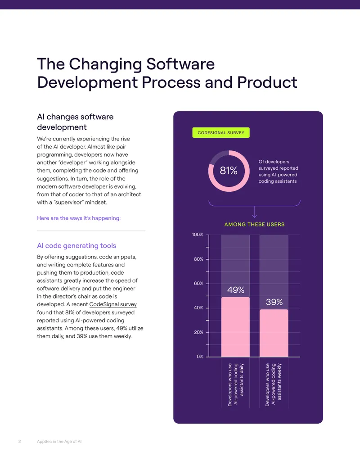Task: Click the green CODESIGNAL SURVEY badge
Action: pos(220,132)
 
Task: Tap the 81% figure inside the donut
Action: pos(229,171)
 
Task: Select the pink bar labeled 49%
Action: pos(235,326)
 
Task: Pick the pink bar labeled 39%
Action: pos(274,333)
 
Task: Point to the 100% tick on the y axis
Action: pos(198,235)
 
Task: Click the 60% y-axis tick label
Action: pos(198,283)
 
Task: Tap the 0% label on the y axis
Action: pos(200,356)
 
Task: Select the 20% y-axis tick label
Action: pos(198,332)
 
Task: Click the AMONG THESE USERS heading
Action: pos(254,224)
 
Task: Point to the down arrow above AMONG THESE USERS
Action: pos(255,212)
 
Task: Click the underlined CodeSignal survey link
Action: pos(113,304)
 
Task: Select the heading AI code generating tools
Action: pos(76,246)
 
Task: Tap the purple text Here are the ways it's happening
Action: pos(79,218)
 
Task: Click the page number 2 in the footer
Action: pos(20,441)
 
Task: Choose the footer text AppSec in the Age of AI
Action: pos(59,441)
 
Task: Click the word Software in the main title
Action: pos(180,64)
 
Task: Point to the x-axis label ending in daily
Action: pos(235,385)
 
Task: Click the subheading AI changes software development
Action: pos(75,122)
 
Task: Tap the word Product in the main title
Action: pos(267,82)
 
